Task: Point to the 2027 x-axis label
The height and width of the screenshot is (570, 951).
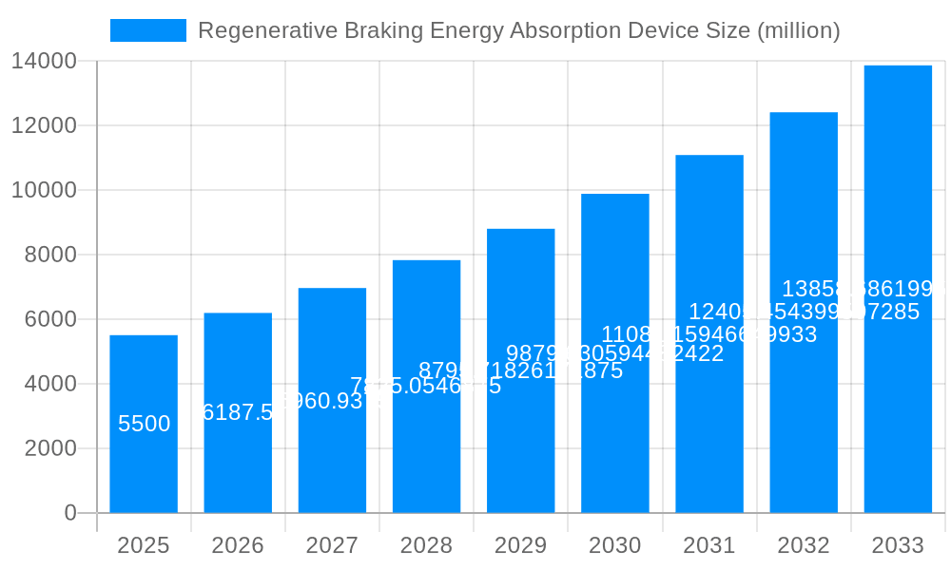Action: tap(332, 545)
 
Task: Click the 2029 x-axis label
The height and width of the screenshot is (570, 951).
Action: tap(520, 545)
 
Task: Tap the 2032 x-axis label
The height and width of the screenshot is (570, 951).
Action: tap(804, 545)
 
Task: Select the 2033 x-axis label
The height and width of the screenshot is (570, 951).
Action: tap(898, 545)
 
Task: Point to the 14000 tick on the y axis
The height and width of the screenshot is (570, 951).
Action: tap(44, 62)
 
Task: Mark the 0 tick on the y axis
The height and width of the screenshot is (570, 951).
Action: tap(70, 513)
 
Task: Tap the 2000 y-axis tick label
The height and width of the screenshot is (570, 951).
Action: tap(50, 448)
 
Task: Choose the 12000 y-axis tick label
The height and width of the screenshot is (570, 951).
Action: tap(44, 125)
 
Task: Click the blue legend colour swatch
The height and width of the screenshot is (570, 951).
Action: tap(148, 30)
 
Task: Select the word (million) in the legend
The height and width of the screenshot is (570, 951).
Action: tap(798, 30)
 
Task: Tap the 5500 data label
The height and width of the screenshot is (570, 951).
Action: tap(144, 424)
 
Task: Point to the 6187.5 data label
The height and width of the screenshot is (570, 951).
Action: tap(238, 412)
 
